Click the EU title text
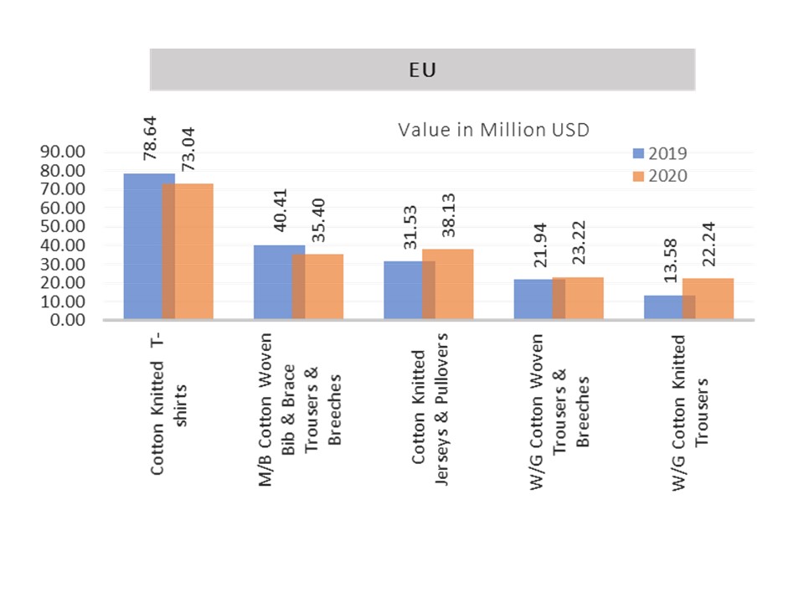pos(422,70)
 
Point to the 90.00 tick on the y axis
pos(63,152)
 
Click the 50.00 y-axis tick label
pos(63,226)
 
